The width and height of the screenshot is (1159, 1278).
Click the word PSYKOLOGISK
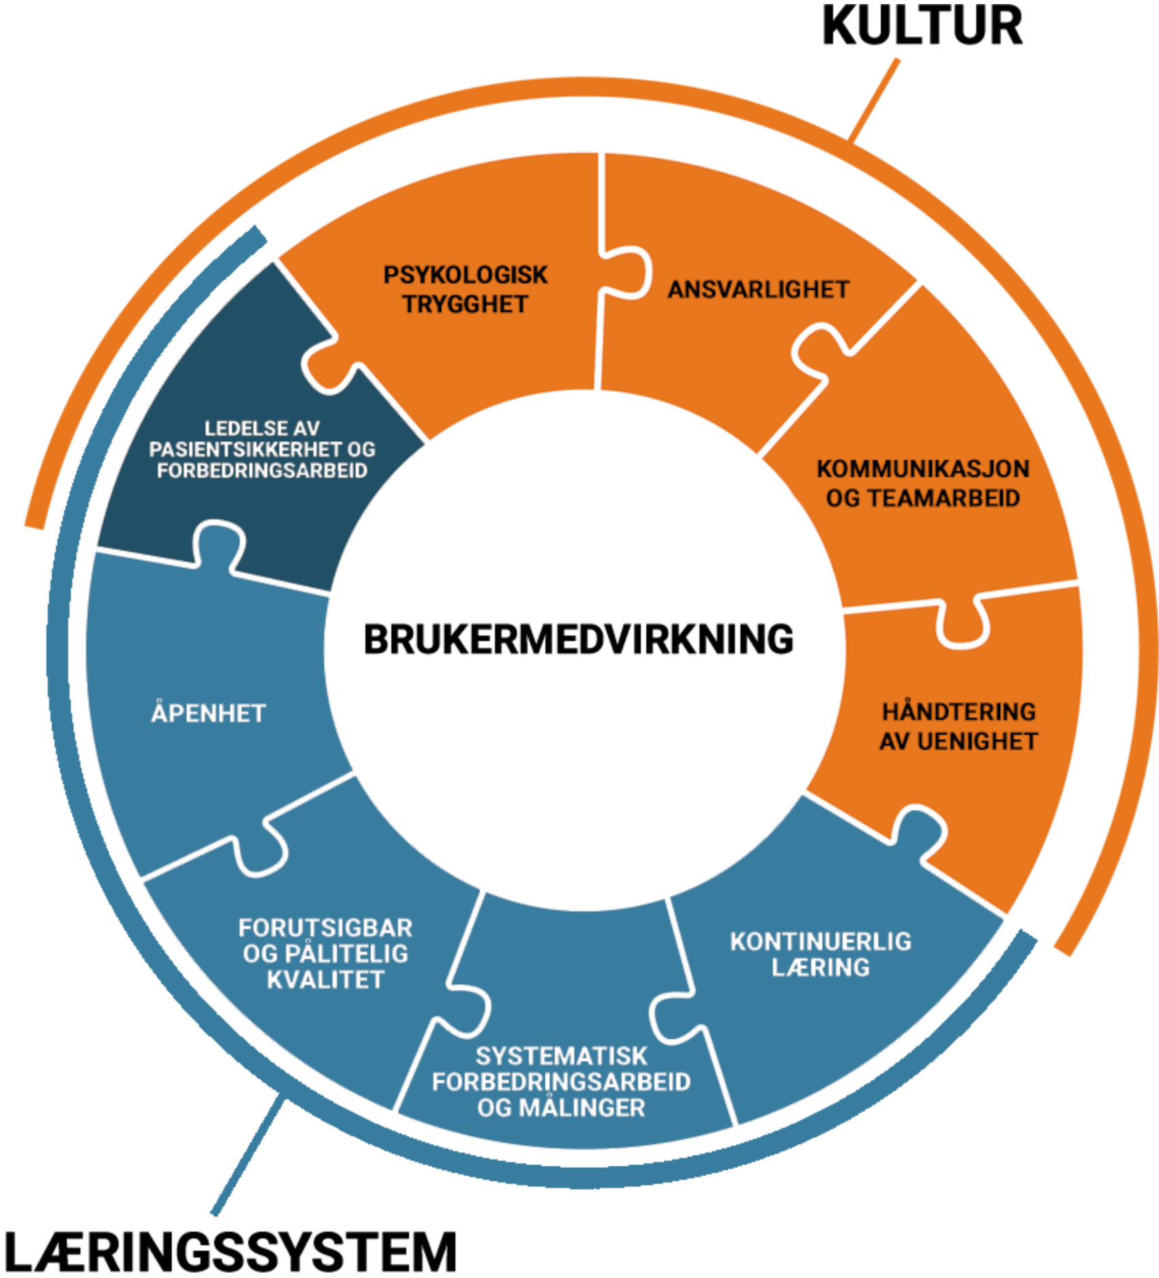[x=465, y=275]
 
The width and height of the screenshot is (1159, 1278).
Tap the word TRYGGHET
[x=465, y=304]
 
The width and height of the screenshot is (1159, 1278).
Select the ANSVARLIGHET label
[x=758, y=290]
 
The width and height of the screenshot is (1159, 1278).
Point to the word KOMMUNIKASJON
[x=922, y=469]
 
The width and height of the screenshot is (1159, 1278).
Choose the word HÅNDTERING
[x=959, y=712]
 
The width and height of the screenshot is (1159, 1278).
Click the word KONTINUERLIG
[x=820, y=942]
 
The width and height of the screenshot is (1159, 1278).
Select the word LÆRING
[x=820, y=968]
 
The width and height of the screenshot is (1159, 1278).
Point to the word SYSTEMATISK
[x=561, y=1056]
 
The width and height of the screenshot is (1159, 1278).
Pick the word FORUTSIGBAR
[x=325, y=928]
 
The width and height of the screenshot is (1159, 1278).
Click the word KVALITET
[x=325, y=980]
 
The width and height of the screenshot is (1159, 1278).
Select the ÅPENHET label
[x=208, y=713]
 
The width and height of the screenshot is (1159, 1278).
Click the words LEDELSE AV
[x=262, y=428]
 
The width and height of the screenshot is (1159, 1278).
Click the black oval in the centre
[x=581, y=642]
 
